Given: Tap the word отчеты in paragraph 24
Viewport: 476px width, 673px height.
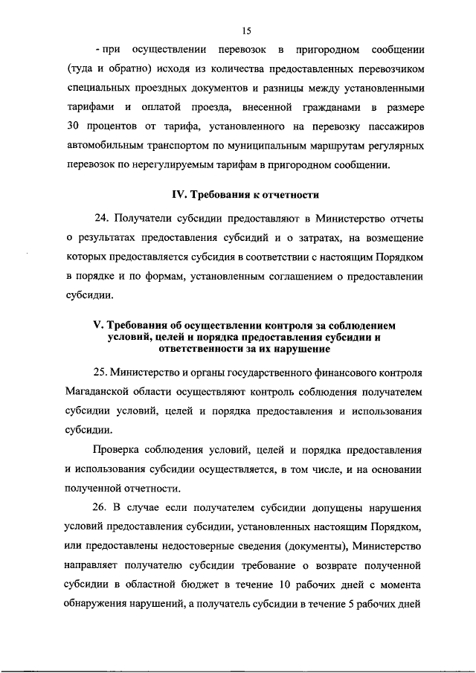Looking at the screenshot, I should click(x=403, y=219).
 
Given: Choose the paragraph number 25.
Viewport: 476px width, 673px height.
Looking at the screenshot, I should click(x=102, y=371).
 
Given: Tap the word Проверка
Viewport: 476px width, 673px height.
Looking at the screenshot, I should click(x=119, y=449).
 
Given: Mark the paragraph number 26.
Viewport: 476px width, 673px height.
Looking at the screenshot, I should click(x=102, y=508).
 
